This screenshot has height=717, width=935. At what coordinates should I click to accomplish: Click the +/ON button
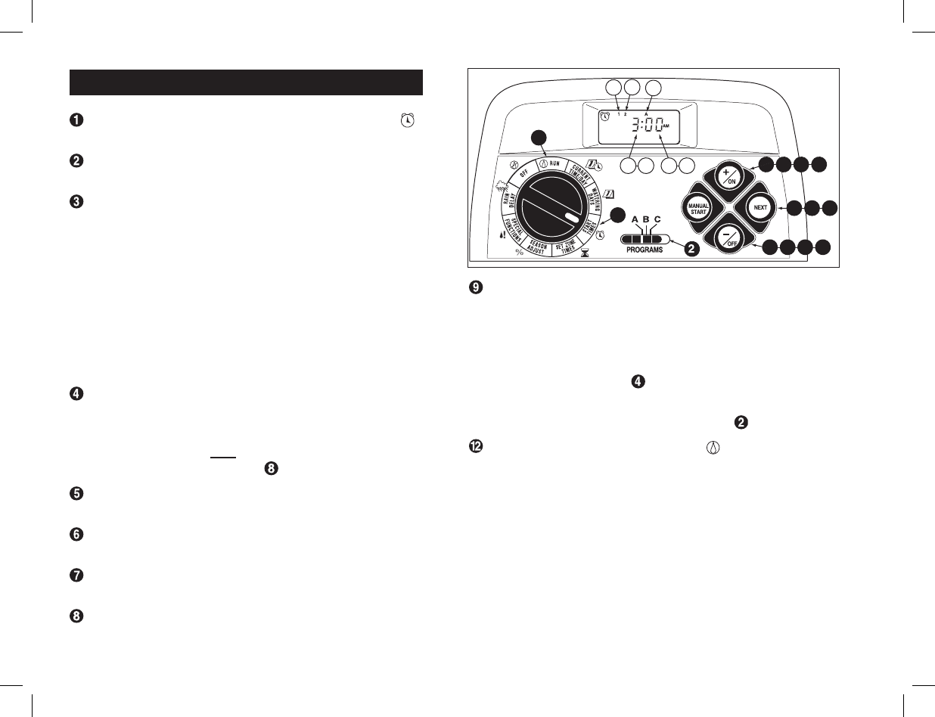pos(730,177)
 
